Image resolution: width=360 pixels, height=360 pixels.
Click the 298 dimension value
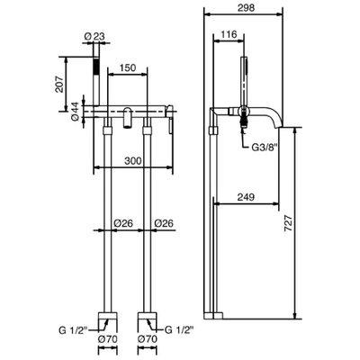tap(246, 7)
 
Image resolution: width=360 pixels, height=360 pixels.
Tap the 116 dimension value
tap(229, 34)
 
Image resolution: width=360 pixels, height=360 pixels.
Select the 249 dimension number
tap(246, 197)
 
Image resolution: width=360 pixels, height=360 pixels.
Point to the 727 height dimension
tap(288, 223)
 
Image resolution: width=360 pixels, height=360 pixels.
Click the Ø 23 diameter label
tap(94, 37)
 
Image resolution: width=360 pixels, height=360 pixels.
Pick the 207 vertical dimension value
tap(59, 84)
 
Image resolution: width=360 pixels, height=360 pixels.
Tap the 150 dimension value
tap(128, 67)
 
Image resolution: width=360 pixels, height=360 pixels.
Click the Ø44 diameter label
tap(75, 112)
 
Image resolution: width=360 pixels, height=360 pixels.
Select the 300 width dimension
tap(132, 161)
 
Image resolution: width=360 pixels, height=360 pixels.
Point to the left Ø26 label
tap(123, 223)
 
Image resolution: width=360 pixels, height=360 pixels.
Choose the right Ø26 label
tap(164, 223)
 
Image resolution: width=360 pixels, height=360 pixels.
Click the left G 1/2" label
tap(73, 330)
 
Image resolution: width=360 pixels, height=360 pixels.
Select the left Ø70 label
tap(108, 339)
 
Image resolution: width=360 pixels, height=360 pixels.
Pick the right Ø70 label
tap(147, 339)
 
